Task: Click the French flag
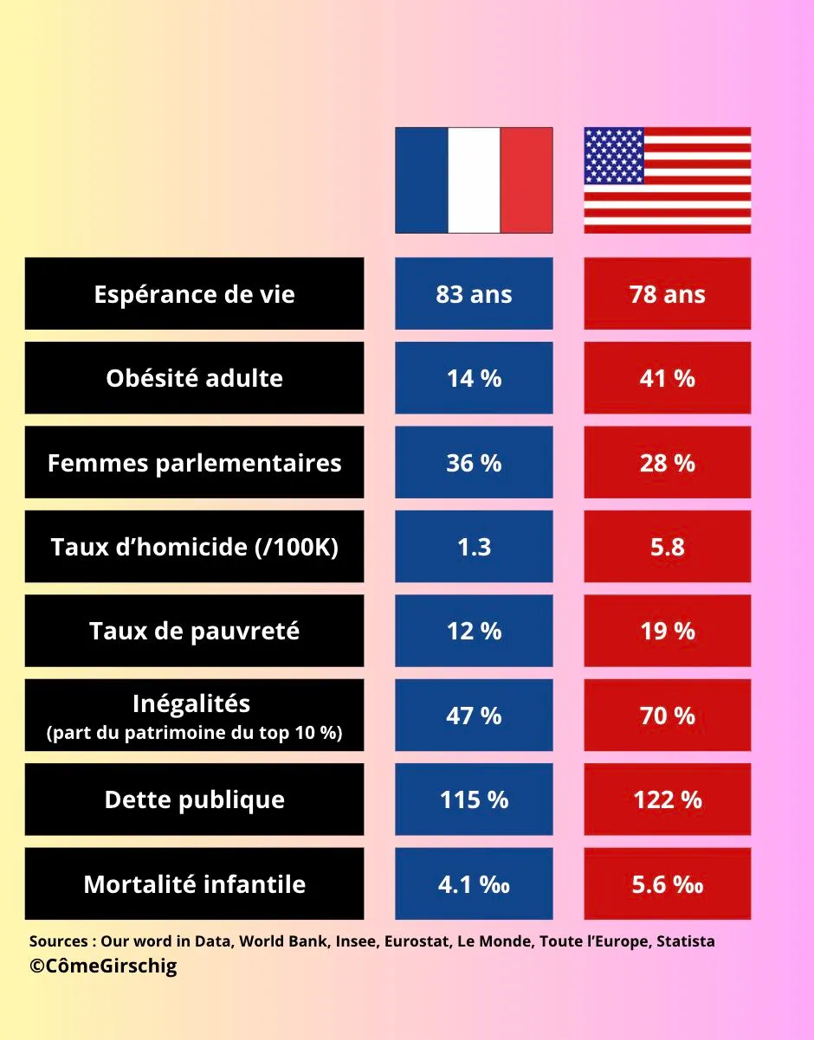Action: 474,180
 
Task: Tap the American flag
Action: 667,180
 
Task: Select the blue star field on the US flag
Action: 613,156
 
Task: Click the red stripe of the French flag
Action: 527,180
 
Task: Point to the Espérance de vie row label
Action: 194,293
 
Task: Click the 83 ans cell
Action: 474,293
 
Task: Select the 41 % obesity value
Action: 667,378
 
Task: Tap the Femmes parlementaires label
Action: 194,462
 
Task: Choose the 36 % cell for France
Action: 474,462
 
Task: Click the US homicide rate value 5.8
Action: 667,547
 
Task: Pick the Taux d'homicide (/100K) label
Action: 194,547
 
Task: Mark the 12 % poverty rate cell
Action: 474,631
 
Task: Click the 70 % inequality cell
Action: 667,716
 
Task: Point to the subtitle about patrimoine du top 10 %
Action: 194,734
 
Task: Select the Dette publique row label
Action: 194,799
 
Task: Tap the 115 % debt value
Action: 474,799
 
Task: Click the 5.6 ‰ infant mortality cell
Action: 667,884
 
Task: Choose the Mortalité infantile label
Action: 194,884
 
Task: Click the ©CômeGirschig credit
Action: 103,966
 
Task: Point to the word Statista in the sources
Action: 685,941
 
